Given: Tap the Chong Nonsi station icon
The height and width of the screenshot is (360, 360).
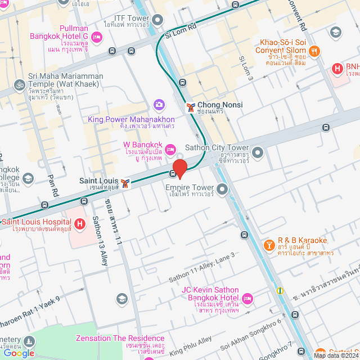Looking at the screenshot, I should click(x=191, y=107).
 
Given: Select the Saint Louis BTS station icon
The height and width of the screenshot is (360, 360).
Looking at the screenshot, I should click(x=124, y=183).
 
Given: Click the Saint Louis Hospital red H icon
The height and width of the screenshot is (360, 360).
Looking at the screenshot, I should click(x=80, y=224).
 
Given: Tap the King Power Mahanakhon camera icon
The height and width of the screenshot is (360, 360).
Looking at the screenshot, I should click(x=159, y=105).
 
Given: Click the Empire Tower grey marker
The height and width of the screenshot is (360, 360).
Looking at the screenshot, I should click(x=222, y=190).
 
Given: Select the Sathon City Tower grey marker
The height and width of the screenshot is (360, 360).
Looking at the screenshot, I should click(x=258, y=152).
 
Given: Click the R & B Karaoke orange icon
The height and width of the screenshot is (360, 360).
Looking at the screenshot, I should click(x=269, y=246).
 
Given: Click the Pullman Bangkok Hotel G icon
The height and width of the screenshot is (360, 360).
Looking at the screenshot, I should click(x=97, y=37).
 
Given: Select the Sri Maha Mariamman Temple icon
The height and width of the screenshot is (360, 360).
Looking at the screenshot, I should click(x=20, y=85).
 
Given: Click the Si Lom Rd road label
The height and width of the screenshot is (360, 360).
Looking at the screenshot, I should click(x=181, y=30).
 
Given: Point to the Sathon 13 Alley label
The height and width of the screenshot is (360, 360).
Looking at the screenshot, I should click(x=99, y=233).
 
